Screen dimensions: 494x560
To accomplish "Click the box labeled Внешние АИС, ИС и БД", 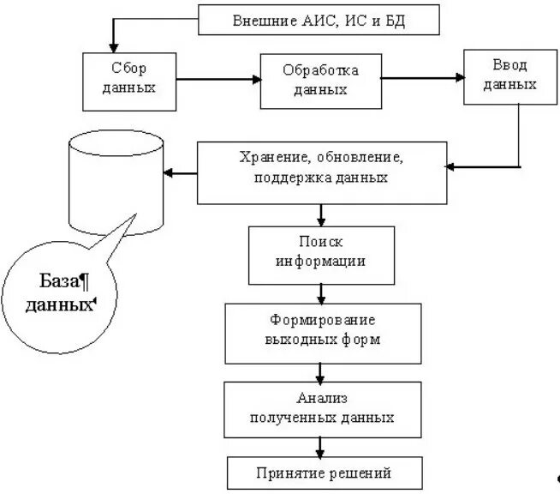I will pos(319,20).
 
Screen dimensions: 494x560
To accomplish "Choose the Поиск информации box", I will pos(320,254).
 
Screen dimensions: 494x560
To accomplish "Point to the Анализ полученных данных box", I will pos(320,408).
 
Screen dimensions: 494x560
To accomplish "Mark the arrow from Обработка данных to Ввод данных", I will pos(421,78).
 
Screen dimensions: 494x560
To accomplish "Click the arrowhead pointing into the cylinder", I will pos(170,173).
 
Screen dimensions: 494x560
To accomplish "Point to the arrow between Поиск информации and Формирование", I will pos(320,293).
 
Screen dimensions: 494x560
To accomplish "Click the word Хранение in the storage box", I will pos(265,159).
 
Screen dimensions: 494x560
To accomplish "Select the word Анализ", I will pos(320,399).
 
